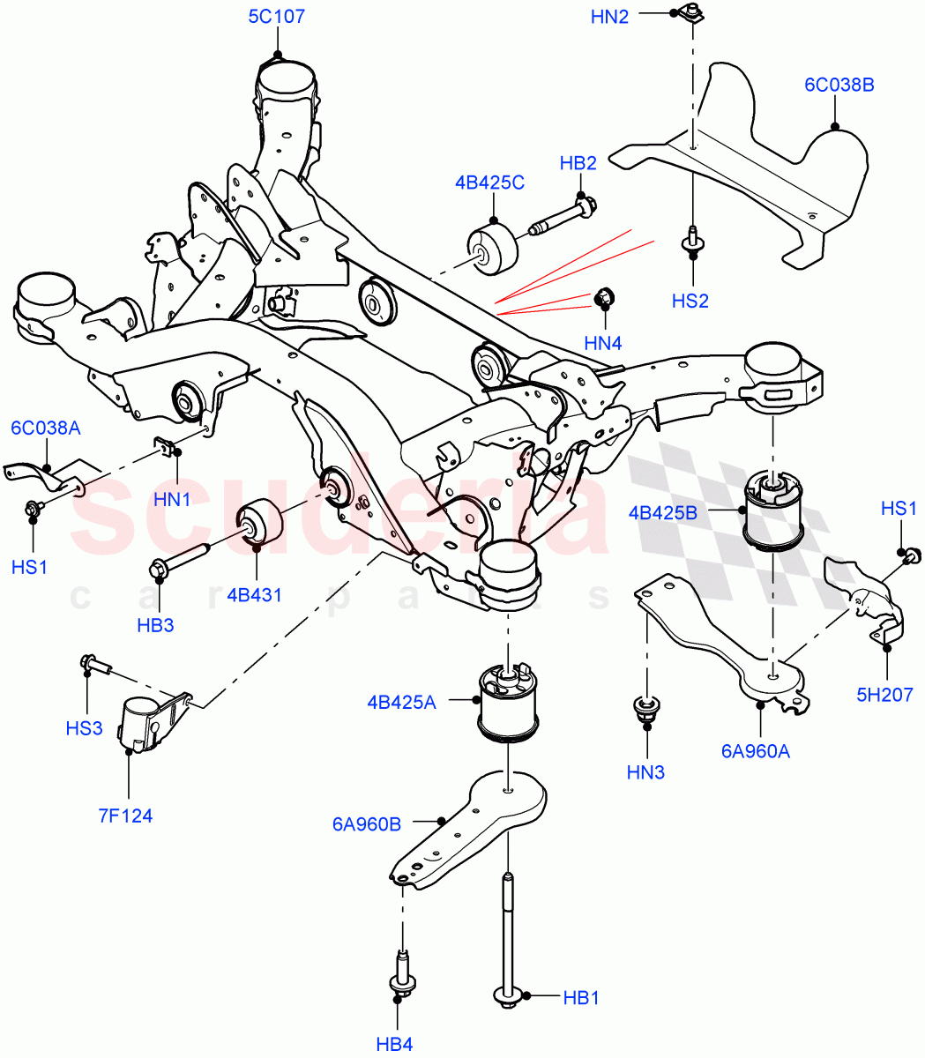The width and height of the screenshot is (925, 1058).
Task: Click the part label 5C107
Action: click(276, 16)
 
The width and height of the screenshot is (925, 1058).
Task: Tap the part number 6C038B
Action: click(838, 86)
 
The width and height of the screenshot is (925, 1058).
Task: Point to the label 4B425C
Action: click(489, 183)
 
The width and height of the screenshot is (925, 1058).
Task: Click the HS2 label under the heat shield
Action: click(690, 301)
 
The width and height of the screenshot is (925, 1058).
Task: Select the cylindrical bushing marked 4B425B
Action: click(774, 511)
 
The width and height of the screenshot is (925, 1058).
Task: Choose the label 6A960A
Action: click(755, 750)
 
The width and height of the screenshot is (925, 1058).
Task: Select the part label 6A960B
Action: click(366, 824)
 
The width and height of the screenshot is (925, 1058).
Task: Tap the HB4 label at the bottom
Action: click(394, 1044)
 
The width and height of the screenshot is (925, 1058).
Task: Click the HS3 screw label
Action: click(84, 727)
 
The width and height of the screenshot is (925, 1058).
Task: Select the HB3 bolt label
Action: click(155, 625)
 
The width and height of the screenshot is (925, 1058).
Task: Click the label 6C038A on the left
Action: click(46, 428)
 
